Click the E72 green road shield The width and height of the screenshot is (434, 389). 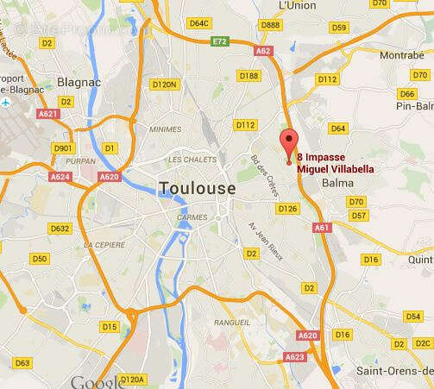pyautogui.click(x=222, y=41)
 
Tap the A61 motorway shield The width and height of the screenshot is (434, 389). pyautogui.click(x=322, y=228)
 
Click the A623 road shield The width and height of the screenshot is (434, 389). pyautogui.click(x=295, y=355)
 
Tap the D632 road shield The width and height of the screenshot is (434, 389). pyautogui.click(x=60, y=229)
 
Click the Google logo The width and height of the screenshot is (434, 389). pyautogui.click(x=97, y=381)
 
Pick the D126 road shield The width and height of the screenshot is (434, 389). pyautogui.click(x=288, y=208)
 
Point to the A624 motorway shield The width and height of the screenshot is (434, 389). pyautogui.click(x=60, y=177)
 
